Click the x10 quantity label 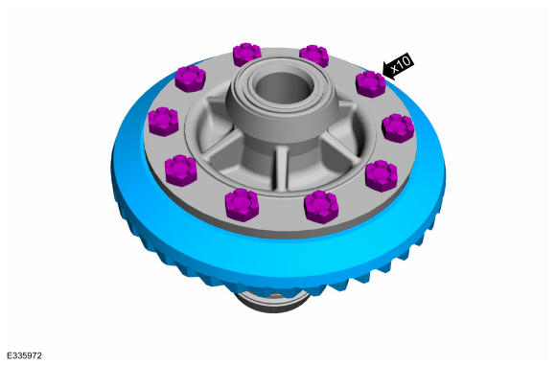401,64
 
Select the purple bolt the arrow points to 371,83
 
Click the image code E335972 24,355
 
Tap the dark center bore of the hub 284,88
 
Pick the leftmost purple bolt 163,122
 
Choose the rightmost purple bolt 398,128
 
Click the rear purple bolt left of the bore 246,55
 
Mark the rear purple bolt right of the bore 314,56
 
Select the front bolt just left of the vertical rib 242,205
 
